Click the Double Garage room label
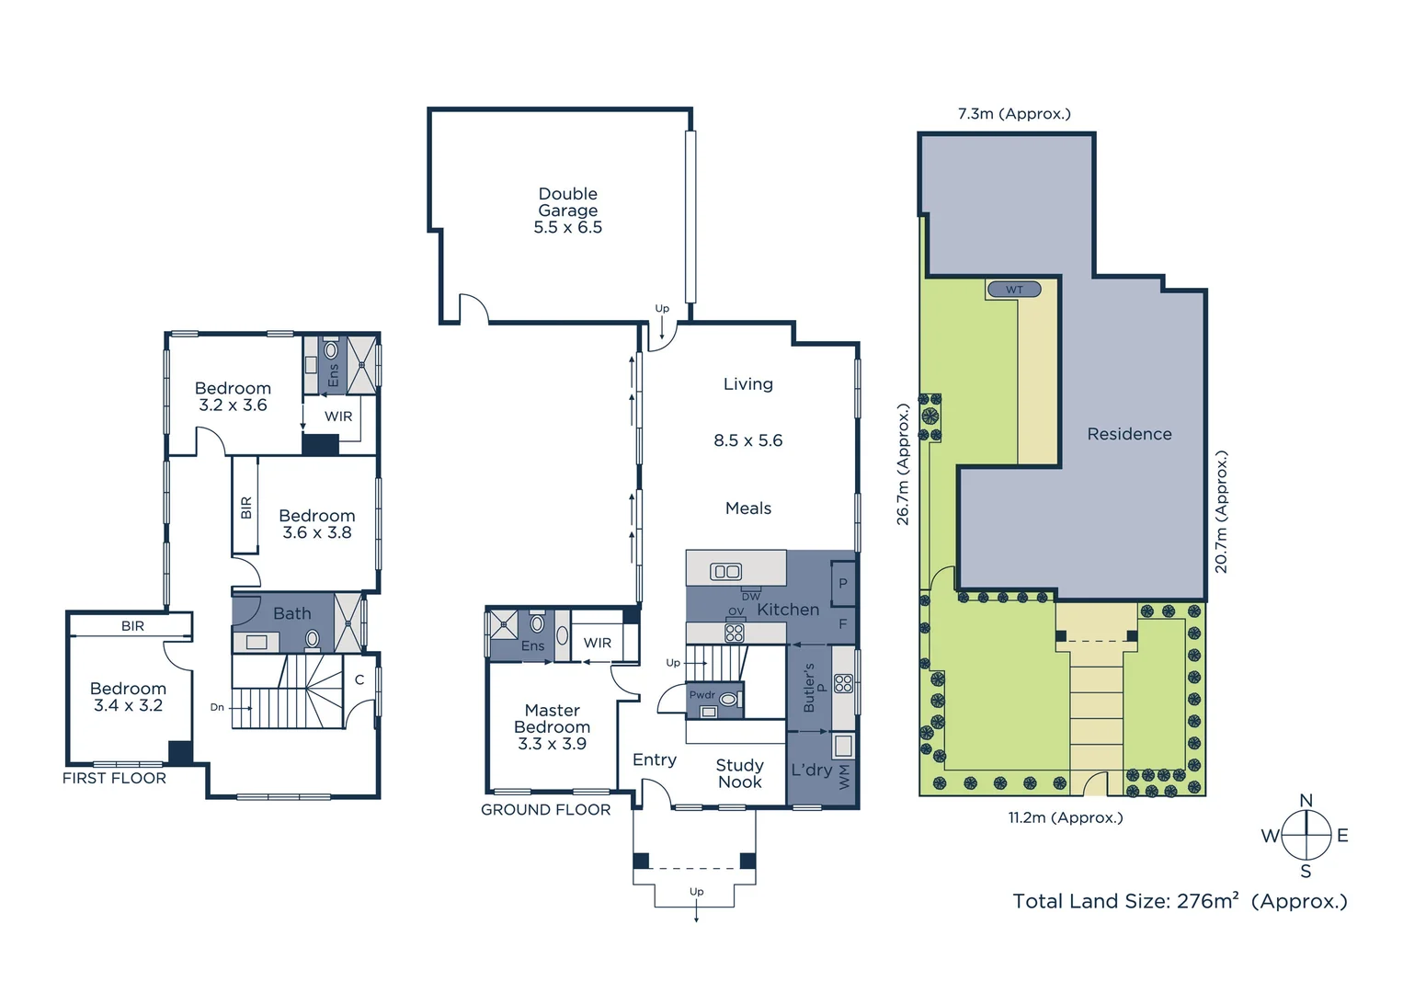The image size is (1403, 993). tap(567, 211)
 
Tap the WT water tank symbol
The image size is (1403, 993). tap(1013, 290)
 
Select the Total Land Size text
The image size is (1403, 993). tap(1180, 901)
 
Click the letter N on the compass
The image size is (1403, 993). tap(1306, 801)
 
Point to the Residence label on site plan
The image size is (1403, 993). tap(1129, 434)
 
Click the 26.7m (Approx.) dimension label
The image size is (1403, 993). tap(903, 464)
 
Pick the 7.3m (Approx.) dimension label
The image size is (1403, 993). tap(1014, 114)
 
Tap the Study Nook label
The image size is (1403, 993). tap(739, 773)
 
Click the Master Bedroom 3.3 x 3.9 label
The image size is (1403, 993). tap(552, 726)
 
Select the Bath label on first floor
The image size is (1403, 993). tap(291, 613)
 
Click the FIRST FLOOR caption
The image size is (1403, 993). tap(114, 778)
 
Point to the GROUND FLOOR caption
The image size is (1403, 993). tap(545, 809)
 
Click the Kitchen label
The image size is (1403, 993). tap(788, 610)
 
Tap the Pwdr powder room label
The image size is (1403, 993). tap(701, 695)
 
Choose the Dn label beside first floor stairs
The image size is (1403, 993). tap(217, 707)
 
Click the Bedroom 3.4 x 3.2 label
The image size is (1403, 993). tap(128, 697)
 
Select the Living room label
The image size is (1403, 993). tap(747, 384)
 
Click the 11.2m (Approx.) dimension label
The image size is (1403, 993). tap(1065, 817)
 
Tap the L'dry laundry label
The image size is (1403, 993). tap(811, 770)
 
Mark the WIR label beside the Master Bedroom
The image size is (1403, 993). tap(598, 643)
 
